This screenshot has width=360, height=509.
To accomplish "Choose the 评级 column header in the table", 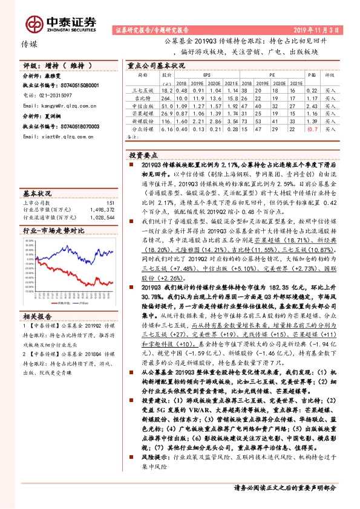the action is (x=330, y=76).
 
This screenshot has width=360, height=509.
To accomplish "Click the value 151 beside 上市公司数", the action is (x=110, y=203).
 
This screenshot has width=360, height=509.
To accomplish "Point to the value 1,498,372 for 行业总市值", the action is (x=102, y=209).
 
